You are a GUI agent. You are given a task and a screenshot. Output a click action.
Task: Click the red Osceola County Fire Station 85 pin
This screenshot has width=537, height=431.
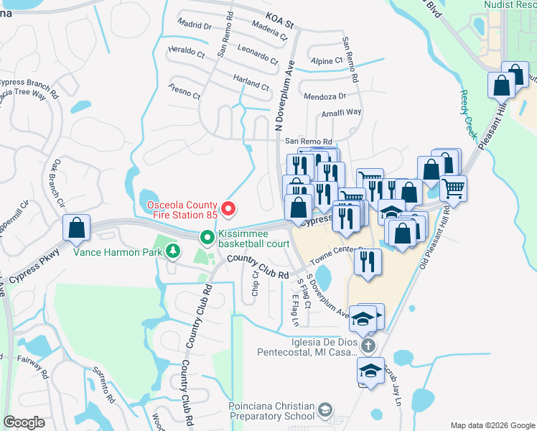(x=229, y=209)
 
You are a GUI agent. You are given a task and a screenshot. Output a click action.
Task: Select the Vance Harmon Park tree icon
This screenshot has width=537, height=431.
(x=172, y=251)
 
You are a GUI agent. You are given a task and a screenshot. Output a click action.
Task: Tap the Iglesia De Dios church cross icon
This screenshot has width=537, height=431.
(x=368, y=346)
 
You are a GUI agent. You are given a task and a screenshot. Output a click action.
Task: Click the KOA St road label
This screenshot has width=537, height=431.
(x=279, y=19)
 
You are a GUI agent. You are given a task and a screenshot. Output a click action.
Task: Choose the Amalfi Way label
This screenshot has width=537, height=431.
(x=342, y=112)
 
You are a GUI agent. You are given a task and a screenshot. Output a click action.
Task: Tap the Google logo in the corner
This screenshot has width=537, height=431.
(x=24, y=422)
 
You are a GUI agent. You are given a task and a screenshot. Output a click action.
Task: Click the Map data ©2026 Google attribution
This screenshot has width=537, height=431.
(x=492, y=425)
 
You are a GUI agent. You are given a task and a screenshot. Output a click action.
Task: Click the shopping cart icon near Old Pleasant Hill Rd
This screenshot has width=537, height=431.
(x=453, y=188)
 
